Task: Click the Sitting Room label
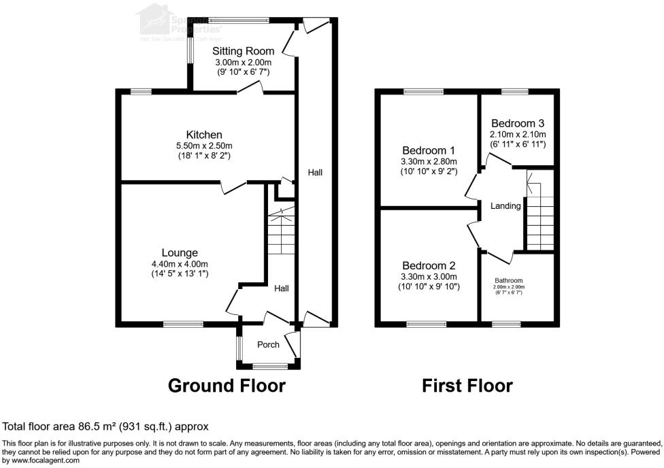[x=243, y=51]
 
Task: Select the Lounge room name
[x=180, y=253]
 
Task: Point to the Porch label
[x=268, y=345]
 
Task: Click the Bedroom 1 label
[x=429, y=150]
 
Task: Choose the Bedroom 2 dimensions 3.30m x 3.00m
[x=429, y=277]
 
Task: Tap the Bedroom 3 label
[x=518, y=124]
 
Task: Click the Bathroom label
[x=508, y=280]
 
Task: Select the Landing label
[x=505, y=206]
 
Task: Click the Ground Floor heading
[x=227, y=386]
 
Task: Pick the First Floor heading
[x=467, y=386]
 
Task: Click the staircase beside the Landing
[x=539, y=212]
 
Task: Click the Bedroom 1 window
[x=423, y=91]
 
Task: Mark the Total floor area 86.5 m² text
[x=105, y=427]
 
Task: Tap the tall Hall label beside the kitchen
[x=315, y=173]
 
